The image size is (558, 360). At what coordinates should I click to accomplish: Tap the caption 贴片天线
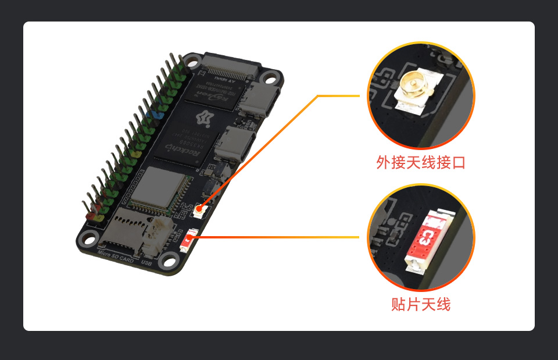point(421,305)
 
